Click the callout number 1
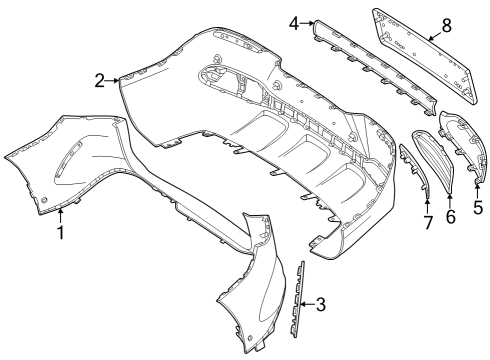(61, 233)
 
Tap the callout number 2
(100, 81)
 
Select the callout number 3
(320, 304)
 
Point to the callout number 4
(294, 23)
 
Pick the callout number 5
(478, 207)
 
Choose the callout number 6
(450, 217)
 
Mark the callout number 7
(428, 223)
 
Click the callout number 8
(446, 25)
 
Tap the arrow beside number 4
(307, 23)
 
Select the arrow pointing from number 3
(307, 304)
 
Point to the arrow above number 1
(60, 215)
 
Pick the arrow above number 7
(428, 206)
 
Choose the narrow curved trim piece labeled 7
(414, 169)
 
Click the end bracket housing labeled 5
(463, 147)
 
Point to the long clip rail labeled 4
(374, 68)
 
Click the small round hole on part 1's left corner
(44, 200)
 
